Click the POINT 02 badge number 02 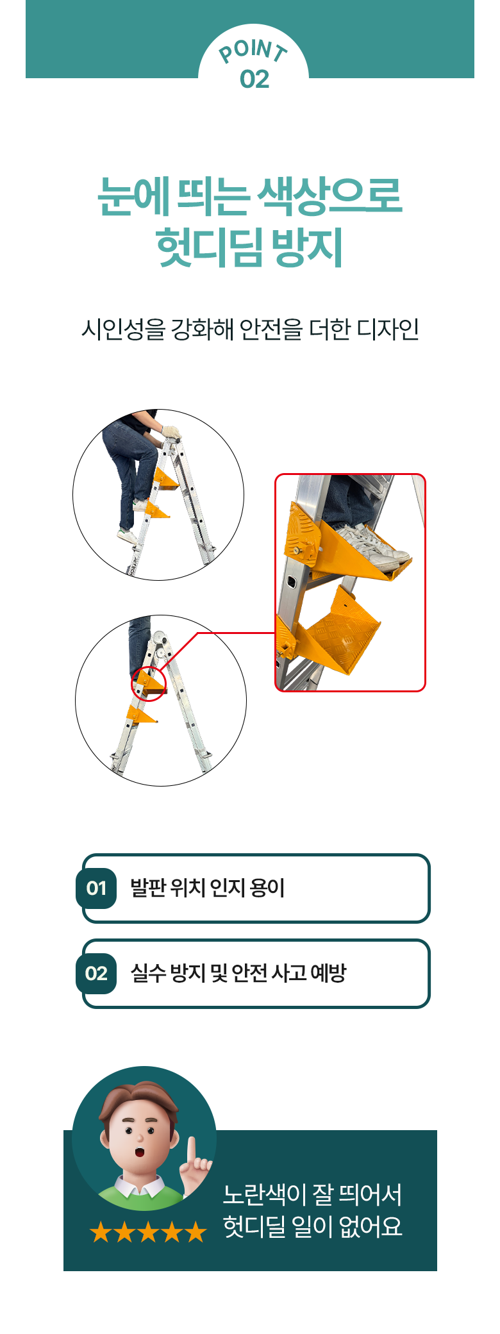[254, 79]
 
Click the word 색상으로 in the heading [329, 196]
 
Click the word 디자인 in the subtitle [388, 329]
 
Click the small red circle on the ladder [149, 684]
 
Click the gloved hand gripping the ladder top [171, 432]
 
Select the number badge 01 [96, 888]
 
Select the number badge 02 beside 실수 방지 [96, 974]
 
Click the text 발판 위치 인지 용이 [208, 888]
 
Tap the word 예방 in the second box [328, 973]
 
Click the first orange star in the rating [101, 1232]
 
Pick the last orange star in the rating [196, 1232]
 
